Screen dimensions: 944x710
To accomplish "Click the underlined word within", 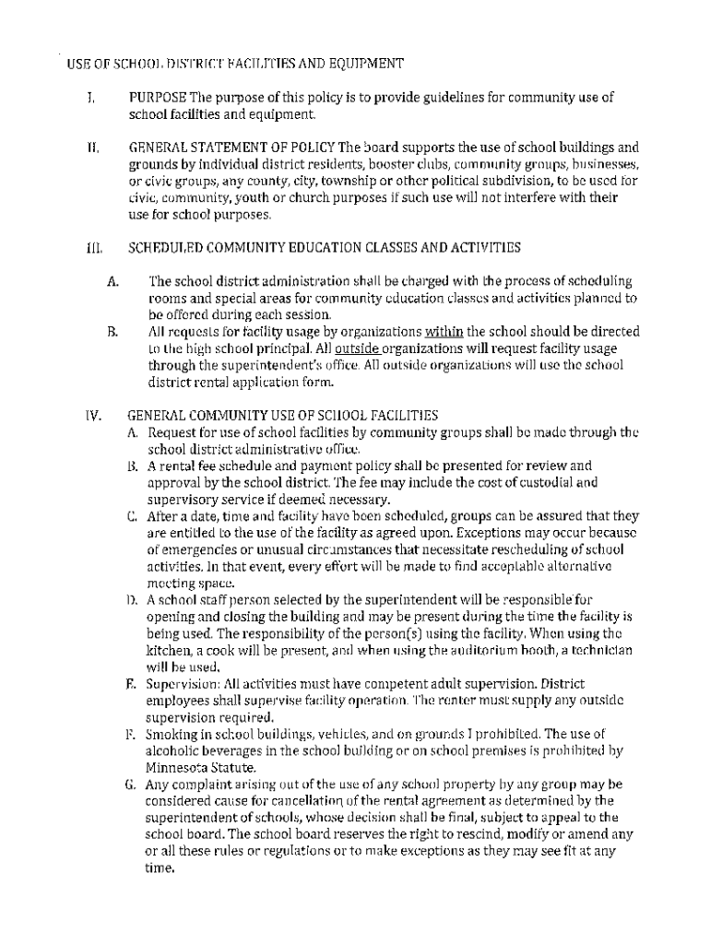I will (444, 332).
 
